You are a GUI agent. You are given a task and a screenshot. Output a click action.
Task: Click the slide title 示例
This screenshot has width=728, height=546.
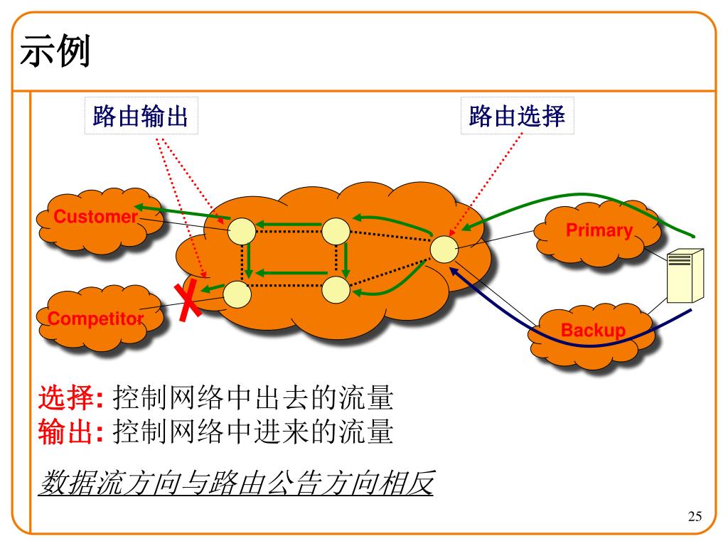click(55, 53)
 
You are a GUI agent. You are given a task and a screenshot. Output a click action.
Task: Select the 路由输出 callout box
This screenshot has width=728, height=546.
click(141, 116)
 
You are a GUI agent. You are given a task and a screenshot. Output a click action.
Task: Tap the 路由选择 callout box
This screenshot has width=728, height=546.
click(517, 116)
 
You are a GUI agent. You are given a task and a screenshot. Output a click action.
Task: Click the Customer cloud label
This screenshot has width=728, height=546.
click(95, 217)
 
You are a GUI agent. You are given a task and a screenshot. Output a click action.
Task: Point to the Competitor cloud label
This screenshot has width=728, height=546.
click(96, 319)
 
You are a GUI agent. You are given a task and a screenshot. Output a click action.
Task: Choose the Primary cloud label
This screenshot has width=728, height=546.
click(599, 230)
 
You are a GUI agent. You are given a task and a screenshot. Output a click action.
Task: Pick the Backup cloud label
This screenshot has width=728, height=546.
click(593, 331)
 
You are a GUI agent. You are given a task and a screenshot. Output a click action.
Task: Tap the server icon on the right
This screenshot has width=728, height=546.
click(684, 275)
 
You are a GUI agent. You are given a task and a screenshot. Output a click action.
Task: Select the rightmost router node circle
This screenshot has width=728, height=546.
click(444, 249)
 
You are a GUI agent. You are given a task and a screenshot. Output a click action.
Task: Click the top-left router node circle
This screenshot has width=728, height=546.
click(242, 230)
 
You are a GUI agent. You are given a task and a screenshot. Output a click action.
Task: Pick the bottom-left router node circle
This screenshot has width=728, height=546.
click(237, 292)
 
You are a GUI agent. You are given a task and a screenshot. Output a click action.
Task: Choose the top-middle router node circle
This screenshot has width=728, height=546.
click(336, 230)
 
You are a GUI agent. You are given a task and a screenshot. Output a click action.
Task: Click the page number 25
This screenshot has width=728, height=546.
click(695, 517)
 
